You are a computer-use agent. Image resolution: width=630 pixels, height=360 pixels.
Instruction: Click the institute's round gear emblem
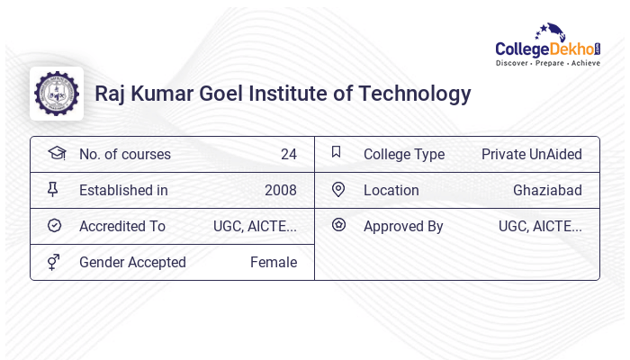(57, 94)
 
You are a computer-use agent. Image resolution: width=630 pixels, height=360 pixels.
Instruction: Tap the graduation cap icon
(57, 153)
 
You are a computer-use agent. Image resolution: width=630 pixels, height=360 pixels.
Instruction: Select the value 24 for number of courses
(288, 155)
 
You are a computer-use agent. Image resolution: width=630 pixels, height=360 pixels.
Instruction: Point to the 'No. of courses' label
(125, 155)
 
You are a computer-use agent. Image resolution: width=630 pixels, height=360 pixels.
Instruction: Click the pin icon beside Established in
(53, 190)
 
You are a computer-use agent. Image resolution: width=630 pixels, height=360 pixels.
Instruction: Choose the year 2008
(280, 191)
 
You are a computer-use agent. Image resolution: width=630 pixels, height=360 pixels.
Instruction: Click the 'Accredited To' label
(122, 227)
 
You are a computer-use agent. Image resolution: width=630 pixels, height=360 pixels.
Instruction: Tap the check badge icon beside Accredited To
(54, 226)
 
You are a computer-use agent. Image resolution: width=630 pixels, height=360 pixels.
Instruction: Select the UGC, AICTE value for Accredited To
(255, 227)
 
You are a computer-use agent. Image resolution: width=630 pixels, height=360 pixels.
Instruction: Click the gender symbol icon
(54, 262)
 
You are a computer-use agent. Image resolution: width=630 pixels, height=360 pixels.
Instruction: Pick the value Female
(273, 263)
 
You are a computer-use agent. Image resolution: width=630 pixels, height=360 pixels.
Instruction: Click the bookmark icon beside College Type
(337, 153)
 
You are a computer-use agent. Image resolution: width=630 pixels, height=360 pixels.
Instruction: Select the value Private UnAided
(531, 155)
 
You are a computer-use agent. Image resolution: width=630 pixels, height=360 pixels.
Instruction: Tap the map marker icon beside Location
(338, 190)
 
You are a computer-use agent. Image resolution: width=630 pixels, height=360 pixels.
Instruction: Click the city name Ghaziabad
(547, 191)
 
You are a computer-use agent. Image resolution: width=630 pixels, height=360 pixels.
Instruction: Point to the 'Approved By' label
(403, 227)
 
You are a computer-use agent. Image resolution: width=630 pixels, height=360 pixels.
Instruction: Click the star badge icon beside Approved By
(338, 225)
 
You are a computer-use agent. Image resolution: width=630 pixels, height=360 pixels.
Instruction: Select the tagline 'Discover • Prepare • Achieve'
(547, 64)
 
